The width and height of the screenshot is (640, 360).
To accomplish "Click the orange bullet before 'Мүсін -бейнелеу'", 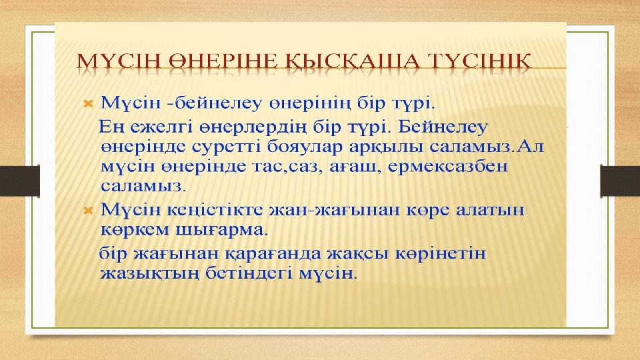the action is pos(89,104).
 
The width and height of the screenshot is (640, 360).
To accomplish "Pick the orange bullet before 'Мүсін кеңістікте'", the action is pos(89,211).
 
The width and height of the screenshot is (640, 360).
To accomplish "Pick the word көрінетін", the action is pos(441,254).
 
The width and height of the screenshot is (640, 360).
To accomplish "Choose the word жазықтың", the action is pos(149,273).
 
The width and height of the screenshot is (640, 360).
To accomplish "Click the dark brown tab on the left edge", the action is pos(19,181).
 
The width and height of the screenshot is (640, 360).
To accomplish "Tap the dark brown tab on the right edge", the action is pos(620,181).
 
